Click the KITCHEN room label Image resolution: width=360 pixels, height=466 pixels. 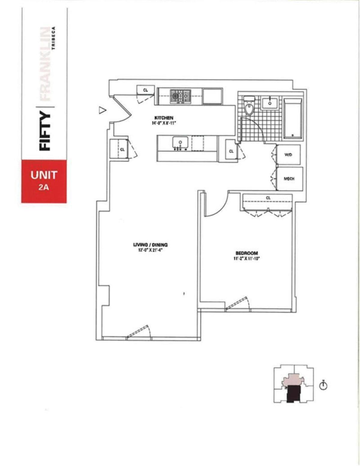coord(164,118)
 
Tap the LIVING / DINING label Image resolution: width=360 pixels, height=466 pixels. coord(150,245)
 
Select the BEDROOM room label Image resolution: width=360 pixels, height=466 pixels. coord(247,253)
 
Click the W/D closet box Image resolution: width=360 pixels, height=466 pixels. coord(288,155)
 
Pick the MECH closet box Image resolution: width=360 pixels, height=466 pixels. coord(289,179)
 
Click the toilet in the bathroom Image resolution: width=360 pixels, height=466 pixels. coord(249,106)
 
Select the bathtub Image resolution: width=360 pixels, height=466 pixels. coord(293,118)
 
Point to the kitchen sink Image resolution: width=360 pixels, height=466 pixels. coord(180,142)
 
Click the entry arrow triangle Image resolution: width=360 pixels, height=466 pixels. coord(103,111)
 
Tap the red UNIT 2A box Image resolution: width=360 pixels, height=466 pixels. coord(44,181)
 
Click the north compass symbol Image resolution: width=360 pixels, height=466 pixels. coord(323,386)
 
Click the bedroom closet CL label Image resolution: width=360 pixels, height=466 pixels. coord(268,198)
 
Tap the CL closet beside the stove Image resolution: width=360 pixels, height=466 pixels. coord(145,90)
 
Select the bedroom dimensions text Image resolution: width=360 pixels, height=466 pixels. coord(247,258)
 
